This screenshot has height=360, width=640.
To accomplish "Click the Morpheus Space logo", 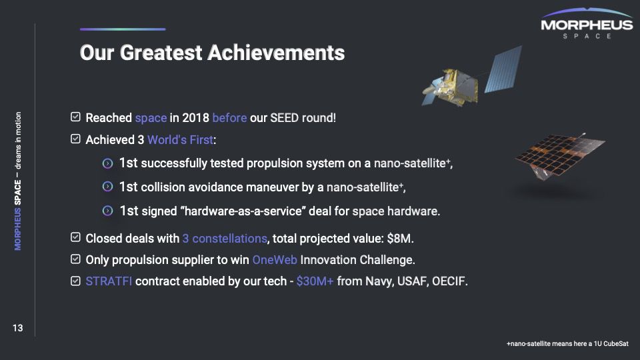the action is click(587, 23).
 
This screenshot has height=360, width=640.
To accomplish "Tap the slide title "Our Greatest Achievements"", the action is click(212, 53).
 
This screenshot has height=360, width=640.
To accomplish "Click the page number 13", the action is click(17, 328).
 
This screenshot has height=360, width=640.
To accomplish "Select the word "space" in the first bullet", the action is click(151, 118).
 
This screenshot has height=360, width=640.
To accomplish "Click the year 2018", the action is click(195, 118).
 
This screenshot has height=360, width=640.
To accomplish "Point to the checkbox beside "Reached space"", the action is click(75, 117).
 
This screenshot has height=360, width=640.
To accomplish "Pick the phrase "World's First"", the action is click(181, 140).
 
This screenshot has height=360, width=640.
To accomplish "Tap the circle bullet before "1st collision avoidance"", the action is click(107, 187).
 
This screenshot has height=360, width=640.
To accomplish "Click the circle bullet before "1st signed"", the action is click(107, 211).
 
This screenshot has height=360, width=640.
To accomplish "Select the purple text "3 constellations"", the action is click(225, 239).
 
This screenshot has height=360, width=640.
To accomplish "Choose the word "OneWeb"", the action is click(275, 260).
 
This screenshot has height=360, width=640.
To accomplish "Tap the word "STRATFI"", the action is click(109, 281).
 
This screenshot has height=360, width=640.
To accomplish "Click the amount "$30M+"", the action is click(315, 281).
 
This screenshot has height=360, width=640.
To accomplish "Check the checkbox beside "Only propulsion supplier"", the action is click(75, 259).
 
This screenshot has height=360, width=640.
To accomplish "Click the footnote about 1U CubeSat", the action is click(567, 344).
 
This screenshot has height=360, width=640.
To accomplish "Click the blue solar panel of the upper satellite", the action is click(503, 69).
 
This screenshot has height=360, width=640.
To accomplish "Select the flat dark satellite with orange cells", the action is click(559, 156).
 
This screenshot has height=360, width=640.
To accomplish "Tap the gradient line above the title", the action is click(123, 29).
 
